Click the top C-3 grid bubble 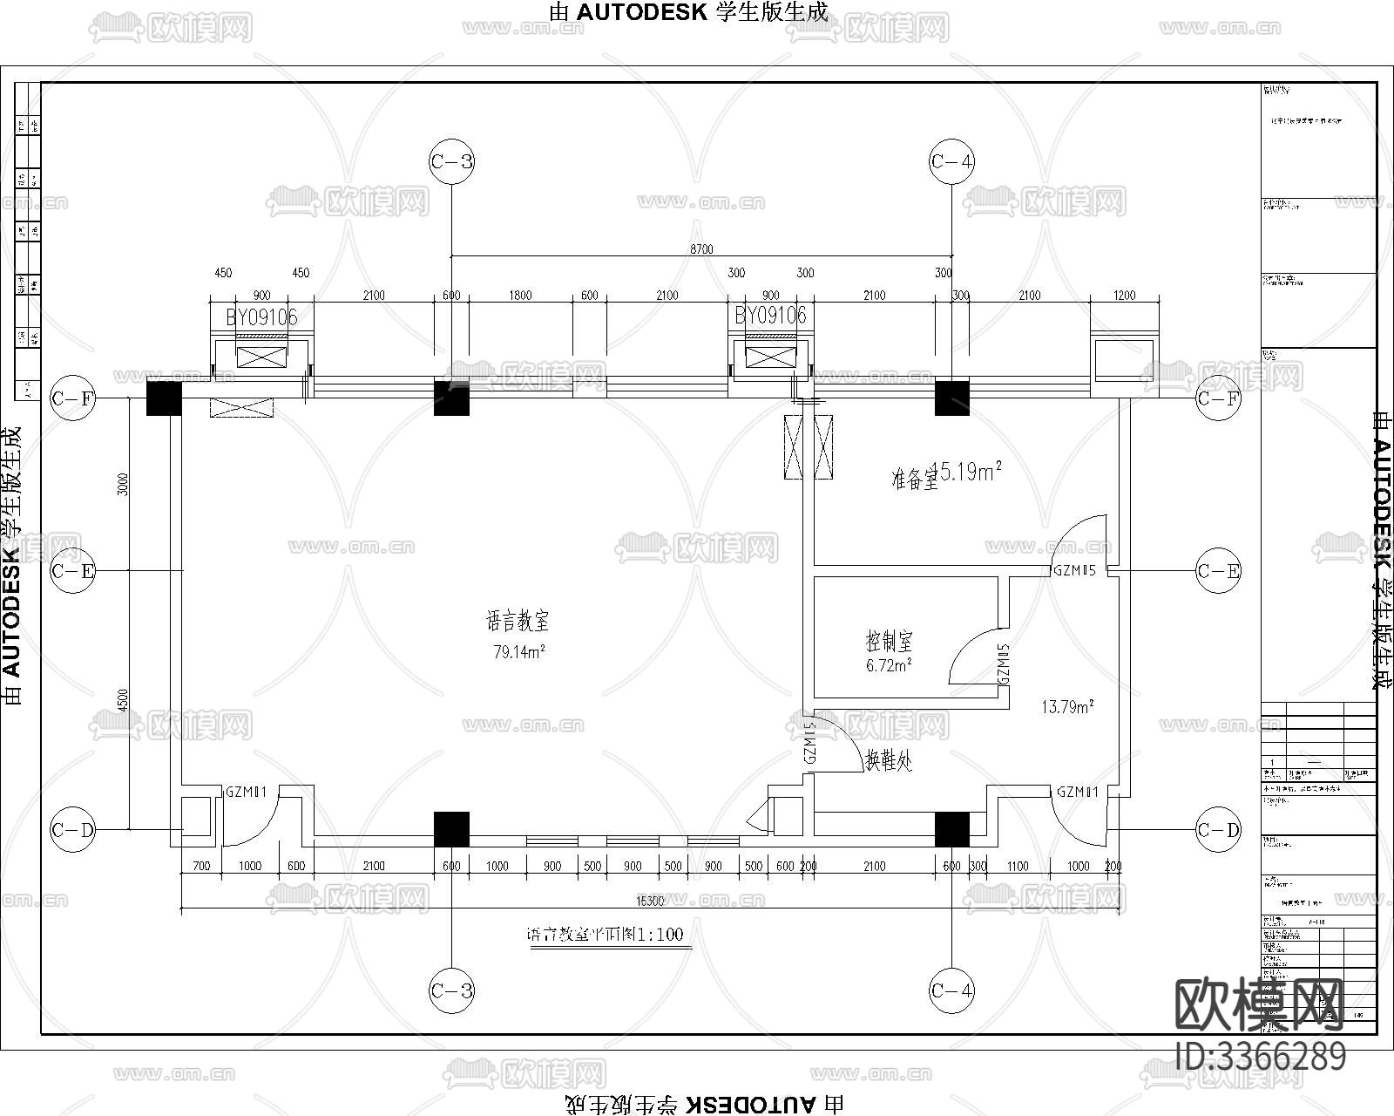pyautogui.click(x=451, y=161)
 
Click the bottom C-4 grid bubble pyautogui.click(x=951, y=990)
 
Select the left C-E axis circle pyautogui.click(x=72, y=571)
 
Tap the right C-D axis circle pyautogui.click(x=1218, y=830)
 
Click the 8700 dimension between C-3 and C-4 pyautogui.click(x=701, y=249)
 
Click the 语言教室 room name pyautogui.click(x=518, y=622)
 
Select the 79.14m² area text pyautogui.click(x=519, y=652)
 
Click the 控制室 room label pyautogui.click(x=889, y=643)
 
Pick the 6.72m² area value pyautogui.click(x=889, y=666)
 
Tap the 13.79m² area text pyautogui.click(x=1068, y=707)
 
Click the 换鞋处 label pyautogui.click(x=888, y=760)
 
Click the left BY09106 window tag pyautogui.click(x=261, y=316)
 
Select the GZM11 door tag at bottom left pyautogui.click(x=246, y=793)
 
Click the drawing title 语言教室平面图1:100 pyautogui.click(x=606, y=935)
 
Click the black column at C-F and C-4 pyautogui.click(x=951, y=397)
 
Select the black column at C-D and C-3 pyautogui.click(x=451, y=829)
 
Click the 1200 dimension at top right pyautogui.click(x=1124, y=296)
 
